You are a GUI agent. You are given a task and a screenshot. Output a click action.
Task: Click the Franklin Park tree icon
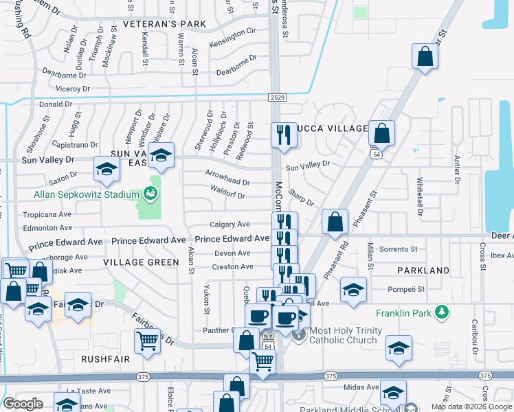443,312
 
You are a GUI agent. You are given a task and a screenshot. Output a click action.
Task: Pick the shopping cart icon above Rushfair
146,340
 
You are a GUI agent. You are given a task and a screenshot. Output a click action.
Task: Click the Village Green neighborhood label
141,262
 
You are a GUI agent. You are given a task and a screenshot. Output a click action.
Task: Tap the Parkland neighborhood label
427,271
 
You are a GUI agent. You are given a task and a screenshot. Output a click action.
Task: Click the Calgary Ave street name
230,225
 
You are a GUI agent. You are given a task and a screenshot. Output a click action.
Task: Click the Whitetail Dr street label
420,193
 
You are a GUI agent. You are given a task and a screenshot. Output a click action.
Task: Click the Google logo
23,404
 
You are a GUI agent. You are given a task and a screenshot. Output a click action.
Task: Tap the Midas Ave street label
361,387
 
